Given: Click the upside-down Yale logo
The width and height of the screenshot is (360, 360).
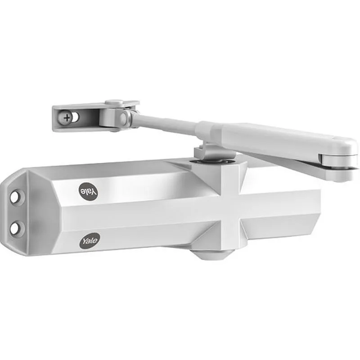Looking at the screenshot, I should [88, 190].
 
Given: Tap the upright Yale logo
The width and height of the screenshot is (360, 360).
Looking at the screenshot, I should [90, 240].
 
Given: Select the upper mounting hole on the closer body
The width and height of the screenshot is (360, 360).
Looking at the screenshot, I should [17, 197].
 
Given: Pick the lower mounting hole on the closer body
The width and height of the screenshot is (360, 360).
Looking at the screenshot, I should [16, 228].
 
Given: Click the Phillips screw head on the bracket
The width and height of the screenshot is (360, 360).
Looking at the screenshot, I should [67, 118].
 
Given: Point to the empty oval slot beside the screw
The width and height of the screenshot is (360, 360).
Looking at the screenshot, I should [75, 118].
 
